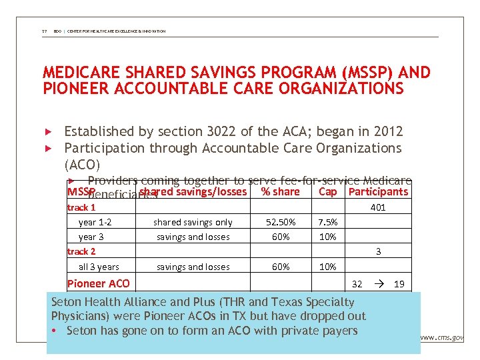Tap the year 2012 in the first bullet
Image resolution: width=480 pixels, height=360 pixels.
point(387,131)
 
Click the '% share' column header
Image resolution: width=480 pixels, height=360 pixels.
point(280,192)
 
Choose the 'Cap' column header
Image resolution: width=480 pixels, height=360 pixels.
point(328,192)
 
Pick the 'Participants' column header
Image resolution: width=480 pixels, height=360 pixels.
point(378,192)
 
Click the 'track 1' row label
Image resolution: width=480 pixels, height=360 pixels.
point(81,207)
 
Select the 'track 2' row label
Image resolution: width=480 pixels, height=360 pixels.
point(81,251)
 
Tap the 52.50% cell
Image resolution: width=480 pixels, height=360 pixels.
point(281,223)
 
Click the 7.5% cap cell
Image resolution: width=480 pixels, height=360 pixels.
point(328,223)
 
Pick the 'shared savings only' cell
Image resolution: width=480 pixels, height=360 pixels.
point(193,223)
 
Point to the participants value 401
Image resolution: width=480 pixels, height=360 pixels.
point(378,207)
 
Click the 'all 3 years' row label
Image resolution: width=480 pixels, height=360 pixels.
point(99,267)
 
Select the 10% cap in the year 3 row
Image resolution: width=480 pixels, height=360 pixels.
point(328,237)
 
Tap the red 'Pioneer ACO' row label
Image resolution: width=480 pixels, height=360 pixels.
point(99,283)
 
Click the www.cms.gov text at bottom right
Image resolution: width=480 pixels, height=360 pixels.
point(442,338)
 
